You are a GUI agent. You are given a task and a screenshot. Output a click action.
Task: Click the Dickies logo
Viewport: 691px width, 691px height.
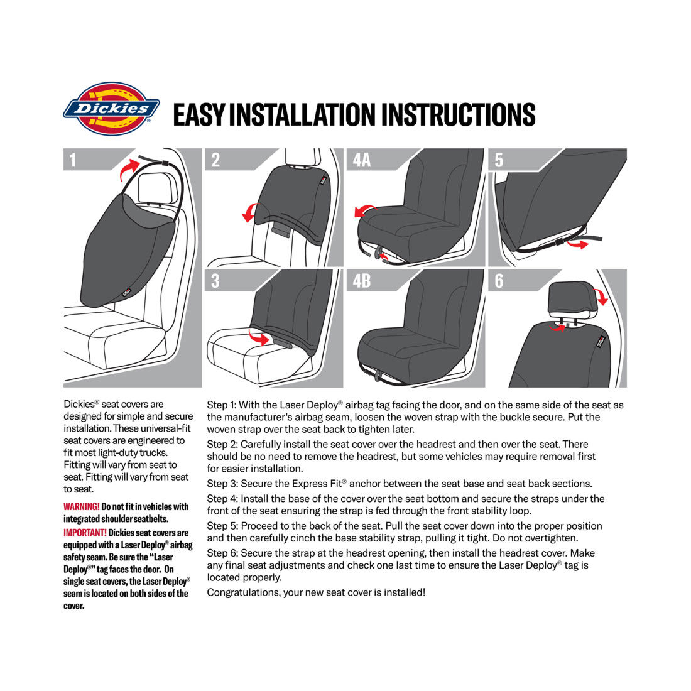[x=111, y=109]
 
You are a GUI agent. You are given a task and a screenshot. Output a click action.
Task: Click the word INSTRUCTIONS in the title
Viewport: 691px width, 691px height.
[x=458, y=115]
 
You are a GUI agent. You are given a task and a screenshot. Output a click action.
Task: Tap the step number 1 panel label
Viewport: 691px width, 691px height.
[x=73, y=160]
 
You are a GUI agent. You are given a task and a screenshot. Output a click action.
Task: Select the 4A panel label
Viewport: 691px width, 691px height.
[x=362, y=160]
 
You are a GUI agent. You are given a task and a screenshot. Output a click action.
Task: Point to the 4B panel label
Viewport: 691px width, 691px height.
[x=362, y=280]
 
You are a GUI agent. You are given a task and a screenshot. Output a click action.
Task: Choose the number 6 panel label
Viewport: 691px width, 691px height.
[x=499, y=280]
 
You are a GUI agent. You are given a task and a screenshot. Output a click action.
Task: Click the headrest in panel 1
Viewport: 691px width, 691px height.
[x=154, y=187]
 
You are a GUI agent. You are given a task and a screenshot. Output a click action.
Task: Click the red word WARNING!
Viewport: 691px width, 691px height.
[x=81, y=507]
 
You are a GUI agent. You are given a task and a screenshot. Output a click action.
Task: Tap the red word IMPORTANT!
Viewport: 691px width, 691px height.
[x=85, y=533]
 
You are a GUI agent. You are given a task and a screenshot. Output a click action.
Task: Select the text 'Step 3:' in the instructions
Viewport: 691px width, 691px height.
[x=222, y=484]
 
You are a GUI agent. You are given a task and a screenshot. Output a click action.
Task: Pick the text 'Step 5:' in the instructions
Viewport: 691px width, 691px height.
[x=222, y=526]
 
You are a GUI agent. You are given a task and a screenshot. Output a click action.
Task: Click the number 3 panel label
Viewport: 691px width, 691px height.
[x=215, y=280]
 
